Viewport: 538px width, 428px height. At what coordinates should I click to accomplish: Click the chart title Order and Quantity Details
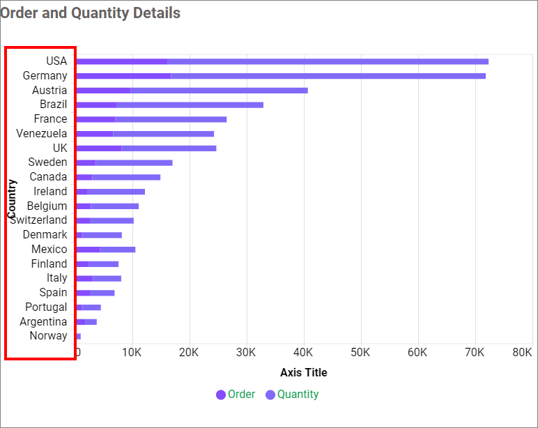tap(90, 13)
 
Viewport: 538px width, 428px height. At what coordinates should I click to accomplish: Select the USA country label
tap(56, 61)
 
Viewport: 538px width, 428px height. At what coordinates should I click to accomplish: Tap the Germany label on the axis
tap(45, 76)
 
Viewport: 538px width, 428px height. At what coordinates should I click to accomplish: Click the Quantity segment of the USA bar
tap(328, 61)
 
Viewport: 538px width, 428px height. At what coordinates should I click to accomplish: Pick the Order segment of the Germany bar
tap(123, 76)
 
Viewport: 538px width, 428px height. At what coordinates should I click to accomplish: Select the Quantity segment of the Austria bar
tap(219, 91)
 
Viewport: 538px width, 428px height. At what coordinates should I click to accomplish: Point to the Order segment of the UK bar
tap(98, 148)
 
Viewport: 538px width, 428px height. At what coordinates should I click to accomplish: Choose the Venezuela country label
tap(42, 133)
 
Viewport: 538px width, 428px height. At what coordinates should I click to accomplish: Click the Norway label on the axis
tap(49, 336)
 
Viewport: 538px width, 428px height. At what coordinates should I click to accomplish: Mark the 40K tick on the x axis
tap(303, 353)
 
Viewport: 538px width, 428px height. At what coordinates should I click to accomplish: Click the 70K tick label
tap(475, 353)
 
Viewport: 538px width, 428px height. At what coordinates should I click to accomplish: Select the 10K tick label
tap(132, 353)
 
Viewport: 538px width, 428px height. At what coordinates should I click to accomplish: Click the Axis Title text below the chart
tap(303, 372)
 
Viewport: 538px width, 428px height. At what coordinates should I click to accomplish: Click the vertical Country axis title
tap(12, 199)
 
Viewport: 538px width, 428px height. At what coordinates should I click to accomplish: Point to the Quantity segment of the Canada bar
tap(126, 177)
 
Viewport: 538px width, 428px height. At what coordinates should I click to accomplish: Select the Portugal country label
tap(46, 307)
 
